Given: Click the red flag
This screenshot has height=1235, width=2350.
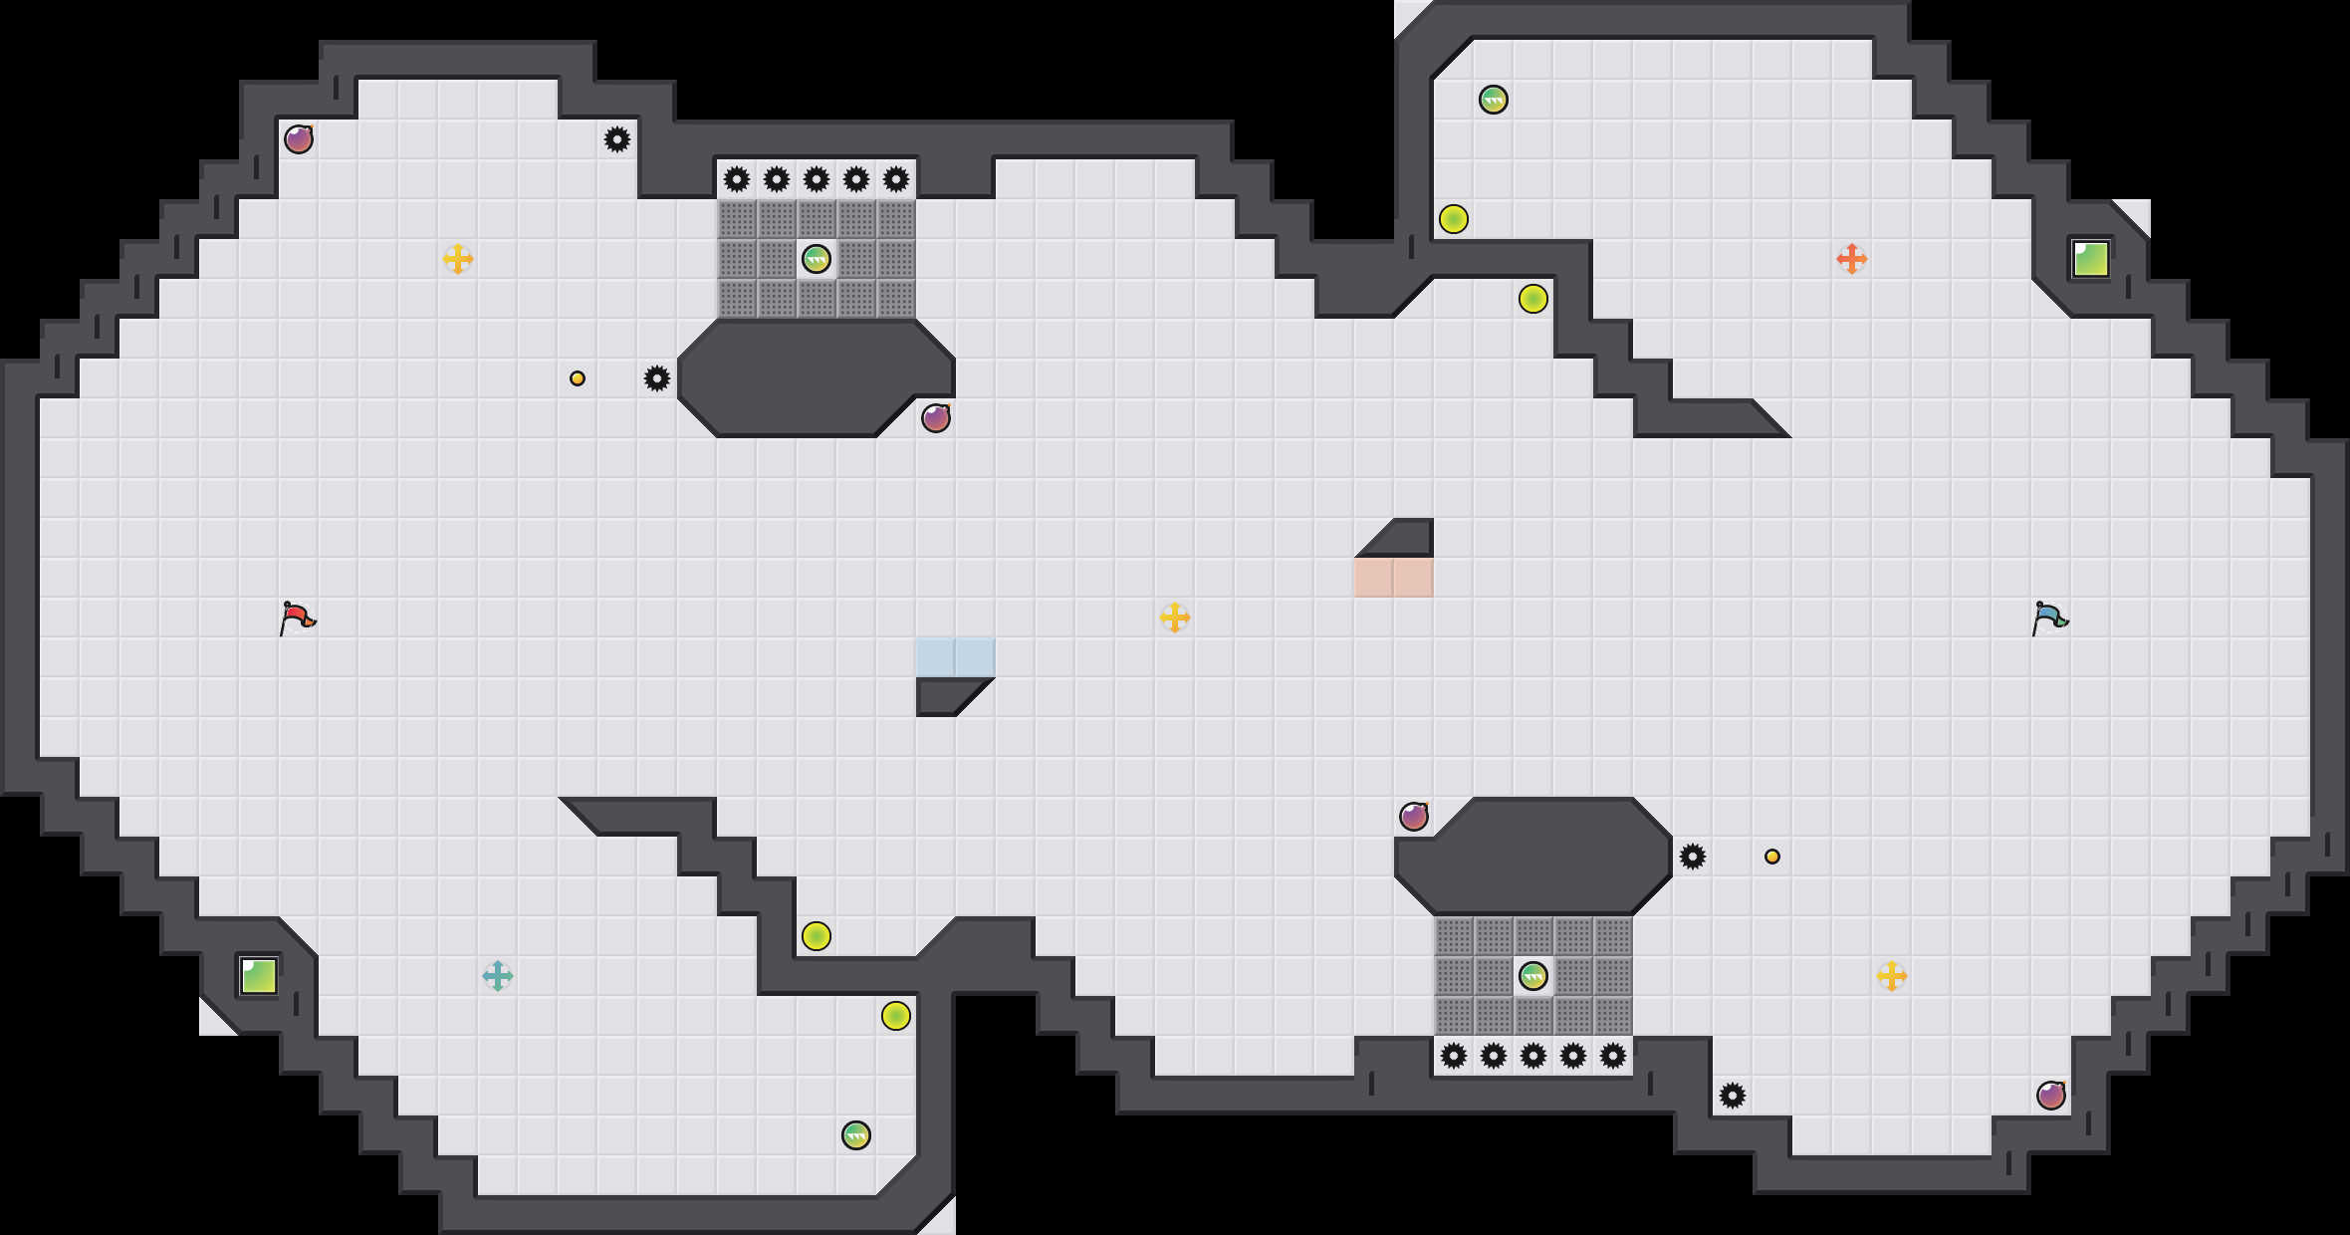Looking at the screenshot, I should tap(297, 617).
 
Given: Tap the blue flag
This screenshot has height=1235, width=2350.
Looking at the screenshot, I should tap(2049, 617).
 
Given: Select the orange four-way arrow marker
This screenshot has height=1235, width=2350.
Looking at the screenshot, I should tap(1851, 259).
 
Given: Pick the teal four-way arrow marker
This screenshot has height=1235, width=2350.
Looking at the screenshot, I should tap(497, 976).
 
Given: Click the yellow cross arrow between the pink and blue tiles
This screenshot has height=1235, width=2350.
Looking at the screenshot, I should tap(1174, 617).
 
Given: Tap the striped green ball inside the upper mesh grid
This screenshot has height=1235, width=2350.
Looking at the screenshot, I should tap(816, 259).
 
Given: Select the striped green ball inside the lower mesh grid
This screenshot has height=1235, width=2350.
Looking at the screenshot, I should tap(1532, 976).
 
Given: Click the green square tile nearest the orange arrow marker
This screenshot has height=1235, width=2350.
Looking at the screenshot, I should tap(2090, 259).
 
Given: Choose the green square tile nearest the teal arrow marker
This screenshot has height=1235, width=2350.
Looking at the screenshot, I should tap(259, 976).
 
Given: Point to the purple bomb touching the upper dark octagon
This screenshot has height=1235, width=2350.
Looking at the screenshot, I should tap(935, 418).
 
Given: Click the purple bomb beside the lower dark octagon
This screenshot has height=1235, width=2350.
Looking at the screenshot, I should tap(1413, 817).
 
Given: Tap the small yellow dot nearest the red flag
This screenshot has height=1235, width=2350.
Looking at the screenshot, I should tap(578, 378).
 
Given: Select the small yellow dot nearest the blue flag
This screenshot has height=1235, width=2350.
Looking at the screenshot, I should tap(1771, 857).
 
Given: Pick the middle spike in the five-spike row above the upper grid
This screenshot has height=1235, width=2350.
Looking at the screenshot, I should tap(816, 179).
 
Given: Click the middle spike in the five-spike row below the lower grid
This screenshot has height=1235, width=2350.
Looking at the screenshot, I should tap(1532, 1056).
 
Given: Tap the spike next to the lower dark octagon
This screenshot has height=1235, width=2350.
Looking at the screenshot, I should tap(1692, 857).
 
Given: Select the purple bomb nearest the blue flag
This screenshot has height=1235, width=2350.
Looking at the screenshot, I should tap(2050, 1096).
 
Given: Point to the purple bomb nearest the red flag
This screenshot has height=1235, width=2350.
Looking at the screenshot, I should tap(298, 139).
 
